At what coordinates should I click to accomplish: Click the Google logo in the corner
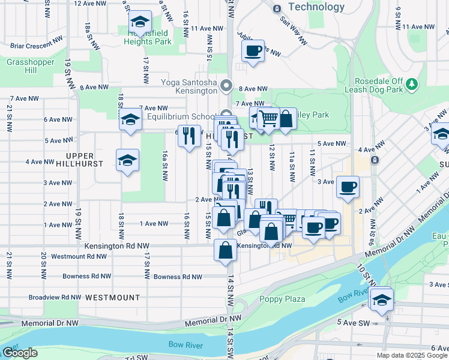[x=20, y=353]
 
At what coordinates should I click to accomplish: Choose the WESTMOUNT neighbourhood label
[x=112, y=297]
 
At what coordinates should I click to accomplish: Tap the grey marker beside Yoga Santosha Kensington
[x=226, y=85]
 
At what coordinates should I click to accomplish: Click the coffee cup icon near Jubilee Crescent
[x=253, y=50]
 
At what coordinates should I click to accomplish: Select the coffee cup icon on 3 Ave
[x=348, y=187]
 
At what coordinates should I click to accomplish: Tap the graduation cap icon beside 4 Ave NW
[x=127, y=160]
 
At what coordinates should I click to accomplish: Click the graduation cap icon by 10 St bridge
[x=381, y=299]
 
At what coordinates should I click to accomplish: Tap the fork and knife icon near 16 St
[x=189, y=136]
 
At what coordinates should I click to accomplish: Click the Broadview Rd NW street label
[x=54, y=297]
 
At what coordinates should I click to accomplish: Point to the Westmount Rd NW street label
[x=79, y=256]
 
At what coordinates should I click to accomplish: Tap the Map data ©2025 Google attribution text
[x=411, y=355]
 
